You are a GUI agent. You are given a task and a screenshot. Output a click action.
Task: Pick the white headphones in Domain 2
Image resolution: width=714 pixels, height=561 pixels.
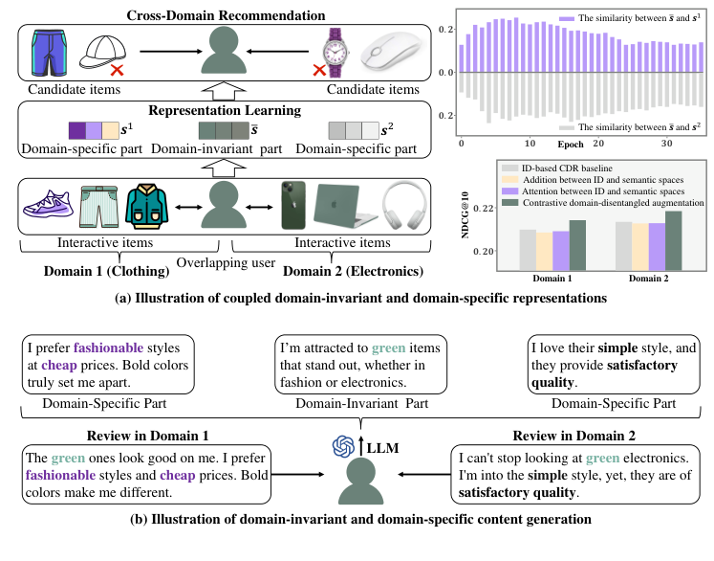(x=401, y=206)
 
